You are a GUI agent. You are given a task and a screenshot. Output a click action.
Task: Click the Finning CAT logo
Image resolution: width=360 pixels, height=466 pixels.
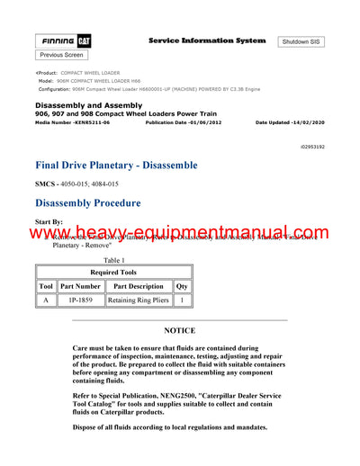pos(62,41)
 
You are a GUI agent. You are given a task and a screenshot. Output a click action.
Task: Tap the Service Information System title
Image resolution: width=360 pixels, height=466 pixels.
pos(207,40)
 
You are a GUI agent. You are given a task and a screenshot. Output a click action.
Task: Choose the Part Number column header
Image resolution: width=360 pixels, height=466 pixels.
pos(80,286)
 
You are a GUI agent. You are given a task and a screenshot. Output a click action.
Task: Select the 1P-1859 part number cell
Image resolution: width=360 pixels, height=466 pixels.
pos(79,300)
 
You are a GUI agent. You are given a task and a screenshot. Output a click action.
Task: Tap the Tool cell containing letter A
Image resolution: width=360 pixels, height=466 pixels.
pos(46,300)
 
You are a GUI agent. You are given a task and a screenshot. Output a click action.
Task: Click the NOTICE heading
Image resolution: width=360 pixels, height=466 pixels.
pos(179,331)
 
